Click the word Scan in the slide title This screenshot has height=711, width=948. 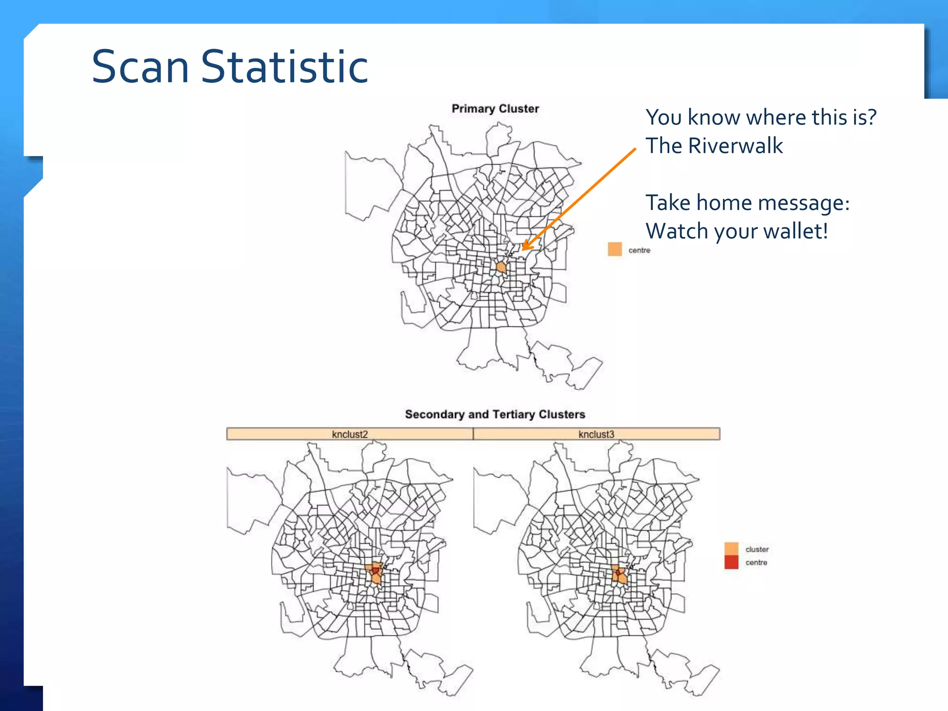pyautogui.click(x=140, y=67)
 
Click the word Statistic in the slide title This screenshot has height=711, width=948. pyautogui.click(x=284, y=67)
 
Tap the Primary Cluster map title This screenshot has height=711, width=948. pyautogui.click(x=495, y=109)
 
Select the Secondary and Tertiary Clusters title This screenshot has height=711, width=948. pyautogui.click(x=495, y=414)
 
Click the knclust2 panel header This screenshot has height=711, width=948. pyautogui.click(x=349, y=434)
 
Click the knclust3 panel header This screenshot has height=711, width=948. pyautogui.click(x=596, y=434)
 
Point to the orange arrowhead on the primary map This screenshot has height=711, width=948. pyautogui.click(x=526, y=246)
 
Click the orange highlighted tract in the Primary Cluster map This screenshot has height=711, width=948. pyautogui.click(x=501, y=267)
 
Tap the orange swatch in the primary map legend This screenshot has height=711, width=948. pyautogui.click(x=615, y=249)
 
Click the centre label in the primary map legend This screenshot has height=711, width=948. pyautogui.click(x=639, y=250)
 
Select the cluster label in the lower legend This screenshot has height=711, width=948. pyautogui.click(x=757, y=549)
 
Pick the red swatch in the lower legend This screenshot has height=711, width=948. pyautogui.click(x=731, y=562)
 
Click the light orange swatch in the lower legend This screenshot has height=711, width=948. pyautogui.click(x=731, y=549)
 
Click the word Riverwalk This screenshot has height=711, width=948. pyautogui.click(x=735, y=146)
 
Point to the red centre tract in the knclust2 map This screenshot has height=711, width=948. pyautogui.click(x=375, y=571)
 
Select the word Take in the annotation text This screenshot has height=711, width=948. pyautogui.click(x=667, y=203)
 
